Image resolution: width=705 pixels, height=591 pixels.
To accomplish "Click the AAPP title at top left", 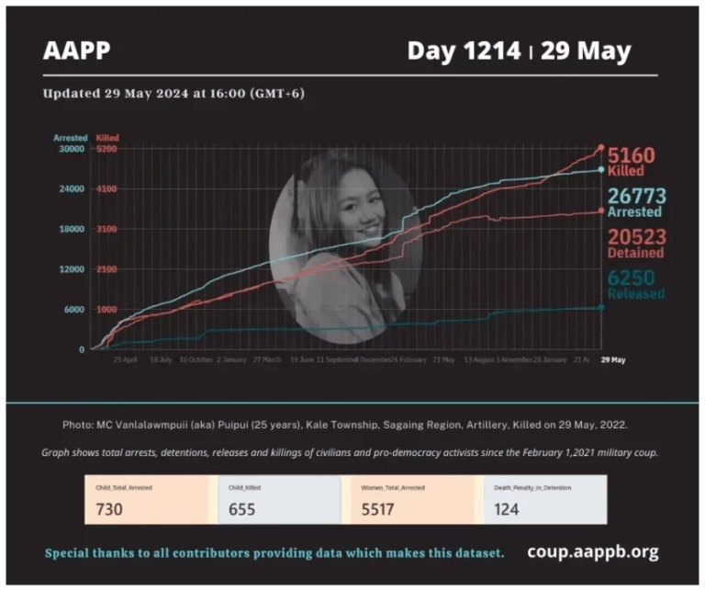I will [x=77, y=51].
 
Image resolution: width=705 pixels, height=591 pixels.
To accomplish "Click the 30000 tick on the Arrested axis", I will [x=71, y=149].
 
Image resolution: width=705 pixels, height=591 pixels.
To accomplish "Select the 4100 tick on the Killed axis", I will [x=106, y=189].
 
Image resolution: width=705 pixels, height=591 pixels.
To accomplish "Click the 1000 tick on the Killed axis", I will [x=106, y=310].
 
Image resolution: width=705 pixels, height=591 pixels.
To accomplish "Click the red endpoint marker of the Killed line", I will [x=601, y=148].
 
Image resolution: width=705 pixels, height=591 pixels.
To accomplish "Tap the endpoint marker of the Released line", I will [x=601, y=307].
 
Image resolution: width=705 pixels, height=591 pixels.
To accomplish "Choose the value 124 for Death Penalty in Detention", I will [x=507, y=507].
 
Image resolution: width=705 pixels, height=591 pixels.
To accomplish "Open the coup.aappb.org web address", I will [x=592, y=552].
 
